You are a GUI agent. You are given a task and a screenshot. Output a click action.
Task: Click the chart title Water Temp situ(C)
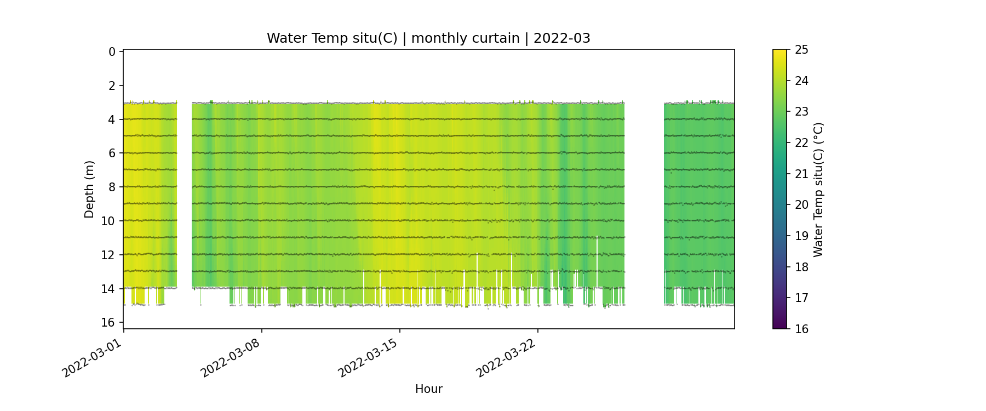click(x=332, y=38)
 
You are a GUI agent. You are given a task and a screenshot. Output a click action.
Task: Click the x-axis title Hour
click(x=428, y=389)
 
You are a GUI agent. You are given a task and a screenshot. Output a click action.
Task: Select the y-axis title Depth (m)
click(x=89, y=189)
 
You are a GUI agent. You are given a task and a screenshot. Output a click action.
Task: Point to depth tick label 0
click(x=112, y=52)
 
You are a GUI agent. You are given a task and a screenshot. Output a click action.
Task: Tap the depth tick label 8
click(x=112, y=187)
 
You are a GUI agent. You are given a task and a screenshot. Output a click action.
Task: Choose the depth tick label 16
click(x=108, y=322)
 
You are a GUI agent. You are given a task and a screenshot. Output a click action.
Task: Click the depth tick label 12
click(x=108, y=255)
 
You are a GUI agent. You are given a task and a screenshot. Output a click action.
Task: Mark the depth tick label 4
click(x=112, y=119)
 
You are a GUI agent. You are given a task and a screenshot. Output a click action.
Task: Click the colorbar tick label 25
click(x=801, y=50)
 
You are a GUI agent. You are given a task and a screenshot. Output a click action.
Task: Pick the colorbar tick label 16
click(x=801, y=329)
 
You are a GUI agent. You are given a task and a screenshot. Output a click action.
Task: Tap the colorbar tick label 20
click(x=801, y=205)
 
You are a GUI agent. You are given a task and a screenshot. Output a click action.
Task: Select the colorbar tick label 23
click(x=801, y=112)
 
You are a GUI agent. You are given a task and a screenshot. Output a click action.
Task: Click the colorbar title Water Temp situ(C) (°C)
click(x=818, y=189)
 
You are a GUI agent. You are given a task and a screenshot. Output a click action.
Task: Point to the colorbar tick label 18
click(x=801, y=267)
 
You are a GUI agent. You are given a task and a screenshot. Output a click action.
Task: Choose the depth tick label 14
click(x=108, y=289)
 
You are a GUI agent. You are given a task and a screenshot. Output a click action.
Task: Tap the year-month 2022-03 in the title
click(x=561, y=38)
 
